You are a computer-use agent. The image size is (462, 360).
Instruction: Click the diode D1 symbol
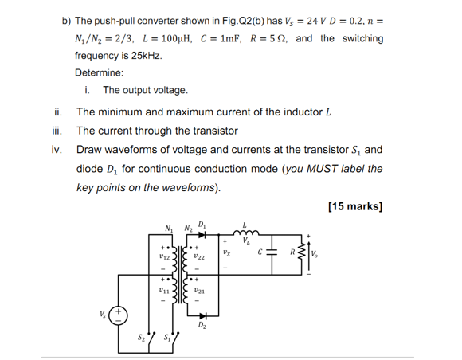(202, 235)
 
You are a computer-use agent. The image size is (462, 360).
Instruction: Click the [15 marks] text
(354, 207)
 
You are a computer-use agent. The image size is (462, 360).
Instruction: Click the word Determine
(101, 73)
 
